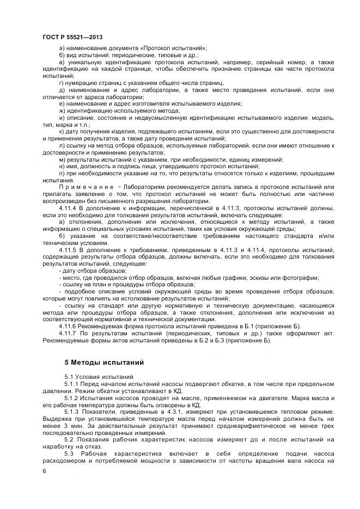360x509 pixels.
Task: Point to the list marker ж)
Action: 62,111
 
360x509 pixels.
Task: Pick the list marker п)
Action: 62,173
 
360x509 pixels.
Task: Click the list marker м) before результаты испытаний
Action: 62,160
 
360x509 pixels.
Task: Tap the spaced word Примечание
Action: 81,186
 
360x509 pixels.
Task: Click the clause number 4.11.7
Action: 76,334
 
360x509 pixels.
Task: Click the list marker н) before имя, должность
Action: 62,166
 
